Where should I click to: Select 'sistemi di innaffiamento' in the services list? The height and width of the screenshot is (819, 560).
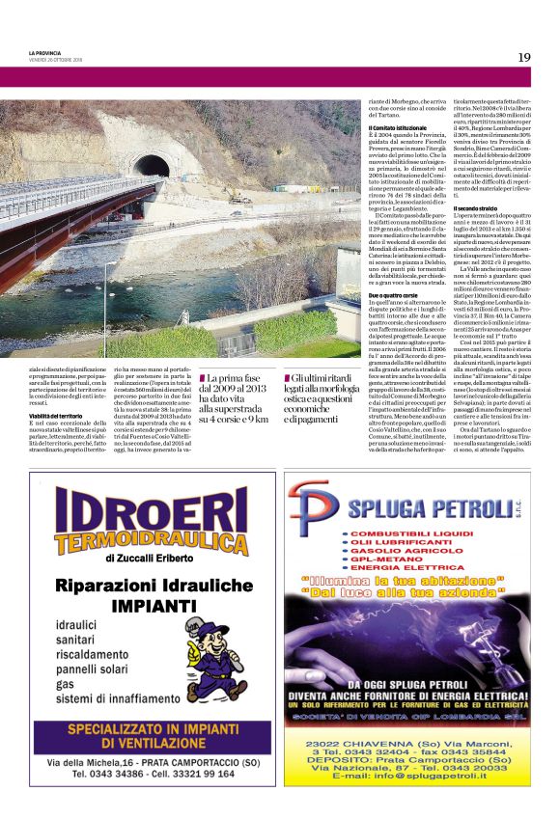pos(102,698)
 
